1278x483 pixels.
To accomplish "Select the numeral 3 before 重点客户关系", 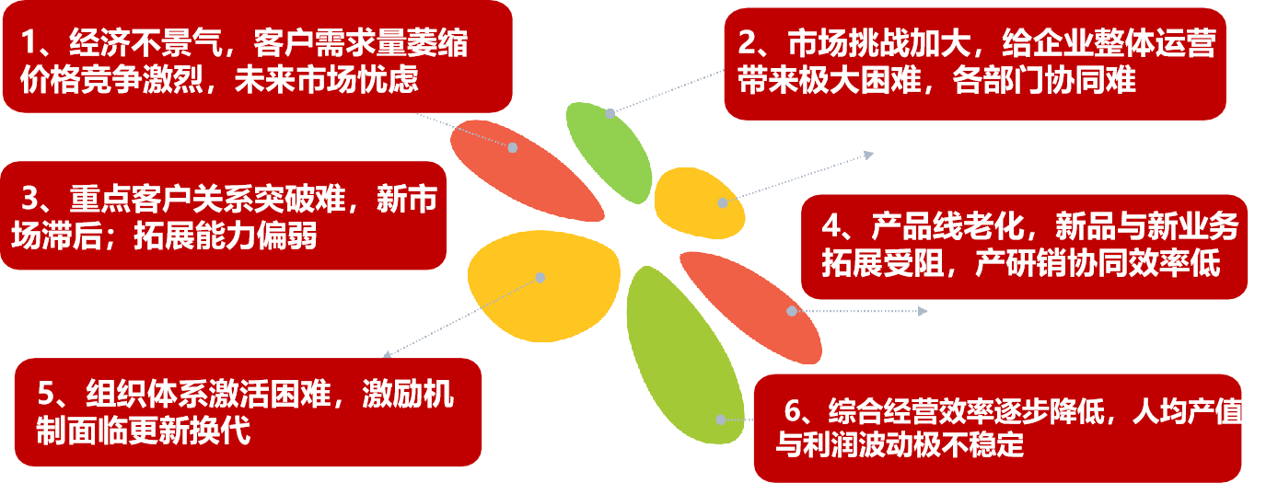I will pos(29,200).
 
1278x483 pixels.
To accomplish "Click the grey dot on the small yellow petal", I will pos(723,202).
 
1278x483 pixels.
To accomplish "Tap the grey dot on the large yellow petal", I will pos(540,277).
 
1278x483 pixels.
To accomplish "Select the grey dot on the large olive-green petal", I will pos(721,420).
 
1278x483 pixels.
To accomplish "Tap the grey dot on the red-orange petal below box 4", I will pos(791,311).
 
